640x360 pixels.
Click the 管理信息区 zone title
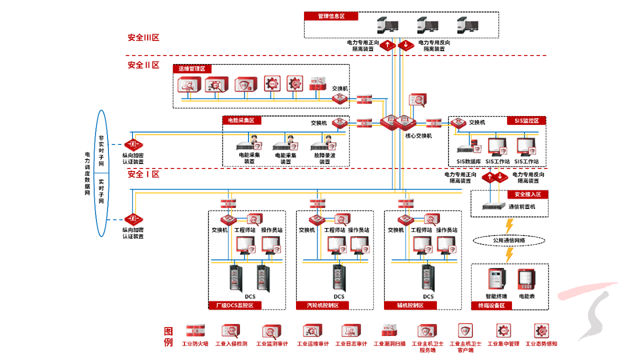point(331,16)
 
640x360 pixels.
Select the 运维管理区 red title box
point(192,68)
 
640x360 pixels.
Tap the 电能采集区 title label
point(241,120)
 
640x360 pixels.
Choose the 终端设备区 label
point(491,305)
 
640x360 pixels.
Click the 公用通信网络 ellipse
point(508,240)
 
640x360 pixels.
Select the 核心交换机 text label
point(418,135)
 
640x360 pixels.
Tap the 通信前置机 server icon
point(493,206)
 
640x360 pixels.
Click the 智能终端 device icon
point(496,279)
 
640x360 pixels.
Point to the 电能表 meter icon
point(526,280)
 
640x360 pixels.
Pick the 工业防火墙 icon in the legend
point(195,330)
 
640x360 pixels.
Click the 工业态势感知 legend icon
point(541,330)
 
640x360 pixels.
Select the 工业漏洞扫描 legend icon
point(389,330)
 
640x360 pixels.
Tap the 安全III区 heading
point(143,37)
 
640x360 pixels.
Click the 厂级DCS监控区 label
point(234,305)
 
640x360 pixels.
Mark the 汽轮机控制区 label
point(322,305)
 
